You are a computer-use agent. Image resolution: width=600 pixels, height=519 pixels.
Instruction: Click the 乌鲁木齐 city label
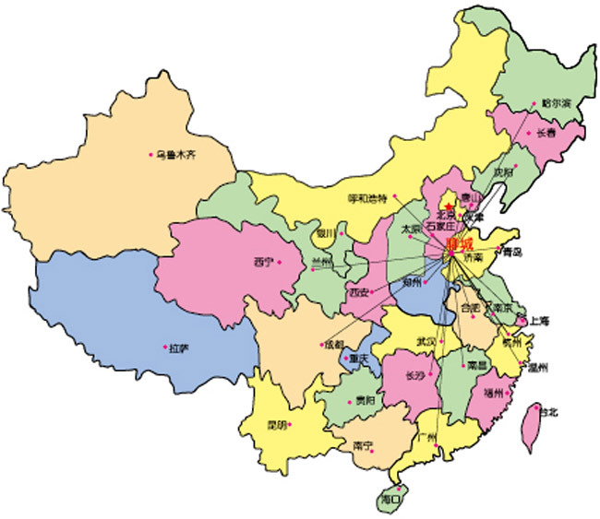click(x=175, y=155)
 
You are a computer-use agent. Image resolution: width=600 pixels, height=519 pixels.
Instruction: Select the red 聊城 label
click(x=459, y=244)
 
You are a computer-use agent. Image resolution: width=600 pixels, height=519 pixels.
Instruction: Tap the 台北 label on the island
click(x=548, y=412)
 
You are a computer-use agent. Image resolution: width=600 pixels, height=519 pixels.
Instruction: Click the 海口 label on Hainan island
click(x=390, y=499)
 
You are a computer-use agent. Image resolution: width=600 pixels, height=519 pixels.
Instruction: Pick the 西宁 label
click(x=263, y=262)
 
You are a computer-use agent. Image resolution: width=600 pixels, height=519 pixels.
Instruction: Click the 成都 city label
click(x=332, y=345)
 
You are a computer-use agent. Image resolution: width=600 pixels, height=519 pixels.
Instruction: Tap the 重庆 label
click(x=354, y=359)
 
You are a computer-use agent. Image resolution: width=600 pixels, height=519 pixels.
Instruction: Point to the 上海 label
click(x=539, y=321)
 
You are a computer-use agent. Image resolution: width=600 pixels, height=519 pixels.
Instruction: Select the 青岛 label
click(x=511, y=251)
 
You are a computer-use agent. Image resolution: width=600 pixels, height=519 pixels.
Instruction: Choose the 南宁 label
click(x=363, y=446)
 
